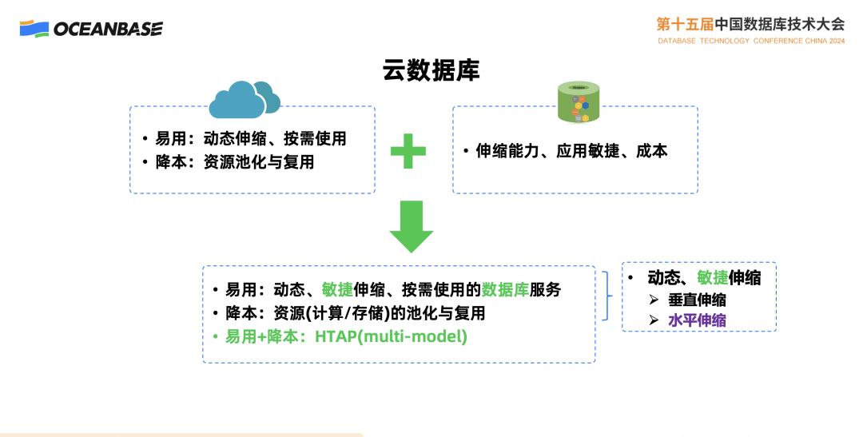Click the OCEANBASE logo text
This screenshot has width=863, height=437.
point(108,29)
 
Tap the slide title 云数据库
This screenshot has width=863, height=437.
point(431,70)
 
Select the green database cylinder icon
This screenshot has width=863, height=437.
point(579,103)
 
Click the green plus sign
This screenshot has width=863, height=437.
point(408,151)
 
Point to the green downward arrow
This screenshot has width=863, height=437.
point(411,227)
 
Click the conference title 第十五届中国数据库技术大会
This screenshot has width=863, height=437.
point(750,23)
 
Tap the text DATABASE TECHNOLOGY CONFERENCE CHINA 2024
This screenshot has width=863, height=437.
point(751,40)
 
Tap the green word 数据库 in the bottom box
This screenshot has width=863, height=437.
point(505,289)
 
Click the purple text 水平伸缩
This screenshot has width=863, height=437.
point(698,320)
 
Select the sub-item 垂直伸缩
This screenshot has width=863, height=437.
point(698,300)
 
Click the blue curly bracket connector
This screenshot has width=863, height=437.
point(611,295)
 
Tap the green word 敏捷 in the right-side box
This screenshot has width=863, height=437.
point(712,277)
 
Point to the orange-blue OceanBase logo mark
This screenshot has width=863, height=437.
point(34,29)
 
